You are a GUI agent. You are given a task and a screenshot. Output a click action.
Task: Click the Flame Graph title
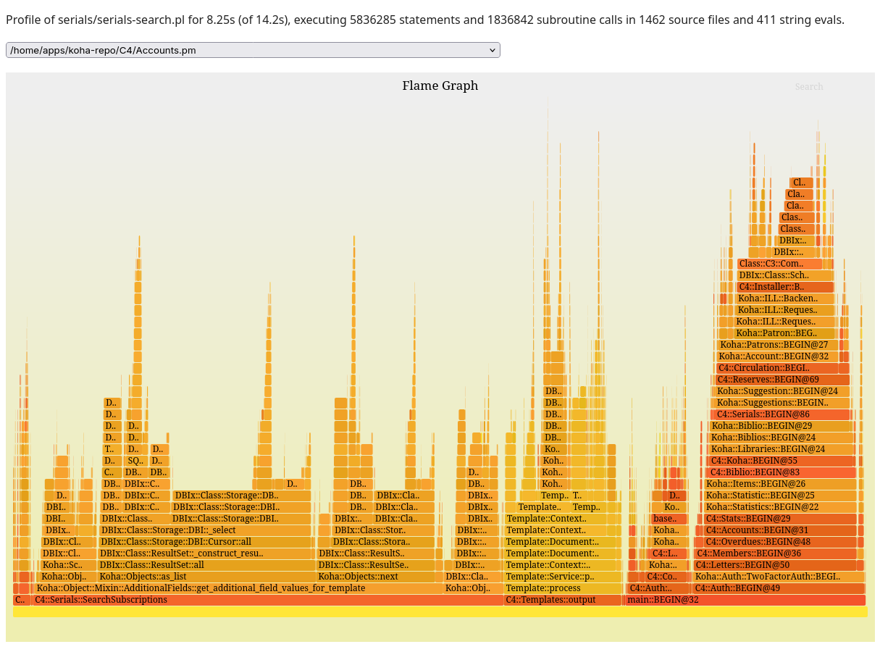click(x=440, y=85)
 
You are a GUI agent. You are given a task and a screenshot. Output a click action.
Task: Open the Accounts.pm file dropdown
click(x=253, y=50)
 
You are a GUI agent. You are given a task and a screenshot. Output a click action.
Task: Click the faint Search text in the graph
click(x=808, y=87)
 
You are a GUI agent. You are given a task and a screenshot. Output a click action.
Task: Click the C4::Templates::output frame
click(x=563, y=600)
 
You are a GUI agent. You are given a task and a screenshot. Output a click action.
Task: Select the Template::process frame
click(x=563, y=588)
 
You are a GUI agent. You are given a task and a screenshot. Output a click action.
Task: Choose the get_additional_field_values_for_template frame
click(x=239, y=588)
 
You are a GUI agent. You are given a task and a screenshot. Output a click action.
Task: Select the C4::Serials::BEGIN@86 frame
click(x=781, y=414)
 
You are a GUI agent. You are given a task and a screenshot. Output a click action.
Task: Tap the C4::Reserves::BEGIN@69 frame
click(x=781, y=380)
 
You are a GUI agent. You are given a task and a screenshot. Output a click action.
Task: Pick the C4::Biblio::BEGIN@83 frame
click(x=781, y=472)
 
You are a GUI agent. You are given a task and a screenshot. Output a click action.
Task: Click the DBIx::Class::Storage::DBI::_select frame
click(x=204, y=530)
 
